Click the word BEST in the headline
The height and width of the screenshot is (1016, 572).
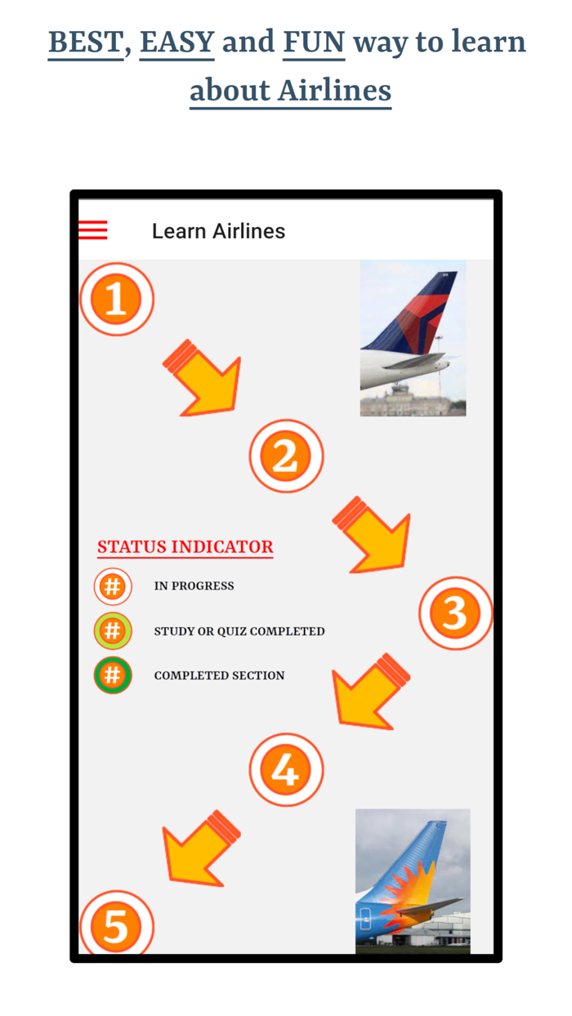85,41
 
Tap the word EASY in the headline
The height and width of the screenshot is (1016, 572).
177,41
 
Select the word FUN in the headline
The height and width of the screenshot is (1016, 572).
314,41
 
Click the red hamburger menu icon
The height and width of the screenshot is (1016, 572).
93,230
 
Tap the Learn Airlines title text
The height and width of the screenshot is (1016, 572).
218,231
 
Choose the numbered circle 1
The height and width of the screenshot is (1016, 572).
116,299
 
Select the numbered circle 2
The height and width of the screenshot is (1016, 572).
286,456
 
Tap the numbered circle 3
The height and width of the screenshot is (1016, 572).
455,613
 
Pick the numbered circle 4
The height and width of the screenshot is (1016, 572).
286,769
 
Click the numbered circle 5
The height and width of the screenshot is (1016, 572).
116,925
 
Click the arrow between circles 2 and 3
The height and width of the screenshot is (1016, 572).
373,536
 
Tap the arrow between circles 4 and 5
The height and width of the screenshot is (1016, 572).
200,848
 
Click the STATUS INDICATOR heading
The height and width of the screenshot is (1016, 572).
185,546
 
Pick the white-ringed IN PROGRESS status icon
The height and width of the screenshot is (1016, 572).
113,586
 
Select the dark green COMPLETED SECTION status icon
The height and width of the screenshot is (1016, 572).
113,675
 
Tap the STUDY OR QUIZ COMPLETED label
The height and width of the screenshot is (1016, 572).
239,631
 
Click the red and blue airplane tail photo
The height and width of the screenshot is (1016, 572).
413,337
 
